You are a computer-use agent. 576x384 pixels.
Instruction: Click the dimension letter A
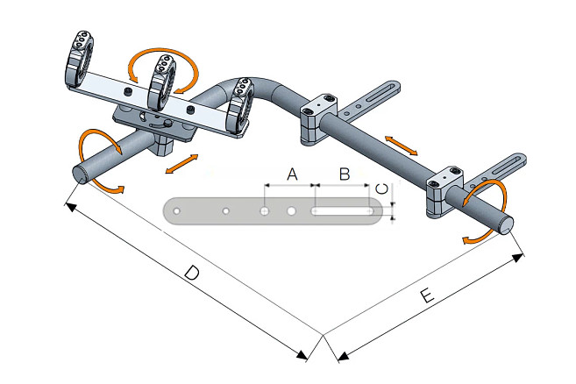[292, 175]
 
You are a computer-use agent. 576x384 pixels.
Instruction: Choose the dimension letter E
[427, 297]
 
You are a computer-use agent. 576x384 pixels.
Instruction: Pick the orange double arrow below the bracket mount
[180, 163]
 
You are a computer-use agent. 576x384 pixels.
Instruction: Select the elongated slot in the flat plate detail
[343, 210]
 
